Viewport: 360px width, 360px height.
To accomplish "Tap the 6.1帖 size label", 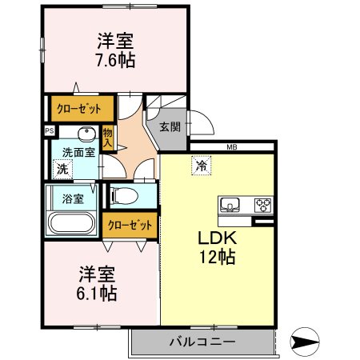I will [x=98, y=293].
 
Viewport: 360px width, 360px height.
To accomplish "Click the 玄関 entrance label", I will [x=168, y=126].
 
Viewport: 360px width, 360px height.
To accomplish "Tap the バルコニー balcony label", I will [x=202, y=342].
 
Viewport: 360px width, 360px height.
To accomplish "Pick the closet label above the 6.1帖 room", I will [x=129, y=226].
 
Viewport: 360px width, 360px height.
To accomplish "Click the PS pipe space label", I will [x=49, y=131].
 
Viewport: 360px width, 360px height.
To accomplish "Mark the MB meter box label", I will [x=232, y=147].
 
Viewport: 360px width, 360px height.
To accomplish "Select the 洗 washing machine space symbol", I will [x=62, y=169].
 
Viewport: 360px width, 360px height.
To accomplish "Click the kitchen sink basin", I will [x=232, y=206].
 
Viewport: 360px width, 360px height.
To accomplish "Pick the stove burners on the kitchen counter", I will [x=263, y=206].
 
